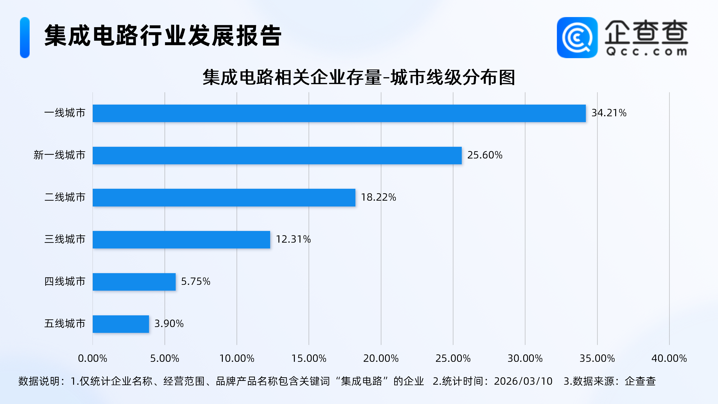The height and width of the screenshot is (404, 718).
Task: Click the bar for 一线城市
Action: tap(339, 113)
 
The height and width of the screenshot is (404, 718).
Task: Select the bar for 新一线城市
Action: tap(277, 155)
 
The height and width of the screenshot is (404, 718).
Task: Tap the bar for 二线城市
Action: tap(224, 198)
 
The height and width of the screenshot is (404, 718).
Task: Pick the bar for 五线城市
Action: tap(121, 324)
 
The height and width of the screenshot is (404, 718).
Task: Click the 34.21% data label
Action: tap(609, 113)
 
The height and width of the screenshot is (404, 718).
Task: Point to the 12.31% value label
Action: tap(293, 239)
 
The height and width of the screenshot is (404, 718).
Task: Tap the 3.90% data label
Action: tap(169, 324)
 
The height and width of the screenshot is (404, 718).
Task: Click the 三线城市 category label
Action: tap(65, 239)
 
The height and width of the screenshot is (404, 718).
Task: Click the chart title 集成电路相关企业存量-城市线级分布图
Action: tap(359, 77)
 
